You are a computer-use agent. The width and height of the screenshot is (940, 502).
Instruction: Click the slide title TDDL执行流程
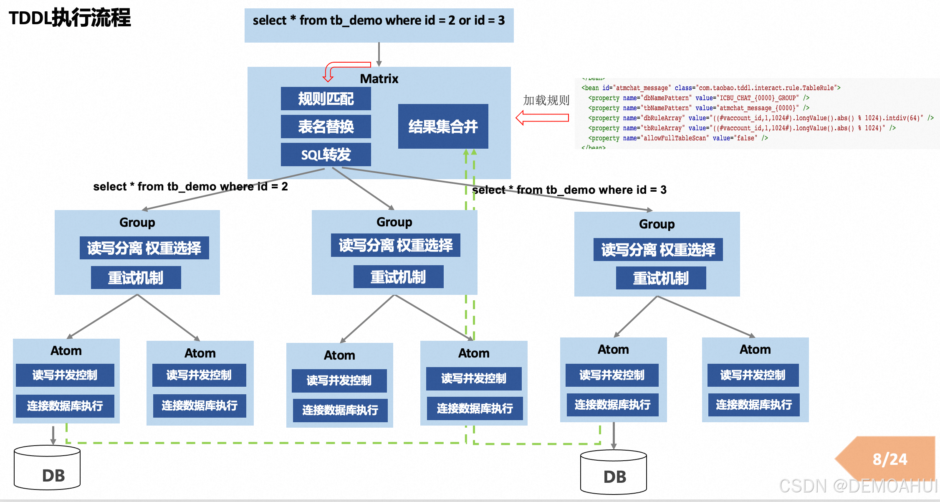point(70,18)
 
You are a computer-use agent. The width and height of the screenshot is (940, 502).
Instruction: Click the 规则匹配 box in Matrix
point(326,99)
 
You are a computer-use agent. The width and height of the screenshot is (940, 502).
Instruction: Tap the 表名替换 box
point(326,127)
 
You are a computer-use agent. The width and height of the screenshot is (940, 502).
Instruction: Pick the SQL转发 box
point(326,155)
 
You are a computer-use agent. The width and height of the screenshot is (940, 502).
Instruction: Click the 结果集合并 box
point(443,126)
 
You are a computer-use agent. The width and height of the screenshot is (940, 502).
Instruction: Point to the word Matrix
point(379,79)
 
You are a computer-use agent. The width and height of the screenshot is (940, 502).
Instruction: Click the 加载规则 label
point(546,100)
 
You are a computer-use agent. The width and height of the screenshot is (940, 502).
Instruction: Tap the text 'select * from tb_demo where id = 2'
point(190,186)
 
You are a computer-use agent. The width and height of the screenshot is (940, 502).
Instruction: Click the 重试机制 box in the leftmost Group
point(136,278)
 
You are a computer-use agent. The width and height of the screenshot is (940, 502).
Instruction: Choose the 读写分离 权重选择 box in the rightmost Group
point(658,250)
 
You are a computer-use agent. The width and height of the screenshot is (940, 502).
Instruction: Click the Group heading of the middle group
point(394,222)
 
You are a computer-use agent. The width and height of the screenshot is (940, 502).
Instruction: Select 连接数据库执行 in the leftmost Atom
point(65,406)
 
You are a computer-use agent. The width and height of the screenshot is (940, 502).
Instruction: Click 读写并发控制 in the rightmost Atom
point(753,375)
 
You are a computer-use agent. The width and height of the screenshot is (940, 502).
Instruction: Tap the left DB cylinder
point(47,468)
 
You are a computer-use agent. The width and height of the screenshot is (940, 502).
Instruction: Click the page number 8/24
point(889,459)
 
